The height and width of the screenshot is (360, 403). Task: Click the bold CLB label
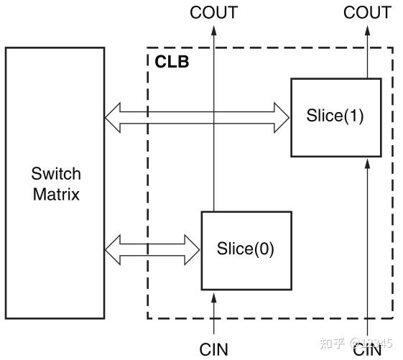tap(172, 62)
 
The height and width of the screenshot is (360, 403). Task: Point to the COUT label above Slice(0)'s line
tap(213, 12)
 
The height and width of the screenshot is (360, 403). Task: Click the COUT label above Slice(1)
tap(367, 12)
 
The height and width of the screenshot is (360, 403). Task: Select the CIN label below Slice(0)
tap(213, 349)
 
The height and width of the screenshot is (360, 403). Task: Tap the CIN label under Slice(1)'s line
tap(367, 350)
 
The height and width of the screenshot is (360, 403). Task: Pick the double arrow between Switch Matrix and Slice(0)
tap(152, 249)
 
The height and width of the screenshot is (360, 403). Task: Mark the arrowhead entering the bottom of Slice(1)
tap(367, 163)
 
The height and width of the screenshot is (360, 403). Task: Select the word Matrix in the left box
tap(56, 193)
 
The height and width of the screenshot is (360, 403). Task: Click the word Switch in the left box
tap(56, 174)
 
